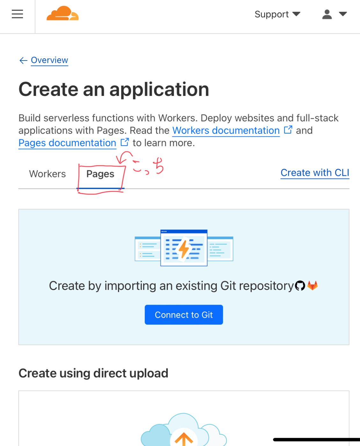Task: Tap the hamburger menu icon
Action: [x=17, y=14]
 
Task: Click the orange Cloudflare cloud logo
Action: [x=62, y=14]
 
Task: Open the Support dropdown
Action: [x=277, y=14]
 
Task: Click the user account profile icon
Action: [x=327, y=14]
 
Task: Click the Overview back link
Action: [x=49, y=60]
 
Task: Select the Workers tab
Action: [x=48, y=174]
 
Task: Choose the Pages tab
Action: [x=100, y=174]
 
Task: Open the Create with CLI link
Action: [x=315, y=173]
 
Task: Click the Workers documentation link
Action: [x=226, y=131]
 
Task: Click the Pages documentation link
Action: [x=67, y=143]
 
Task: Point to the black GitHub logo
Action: [x=300, y=286]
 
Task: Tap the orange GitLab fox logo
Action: [x=312, y=285]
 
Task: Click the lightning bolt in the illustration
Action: [x=184, y=249]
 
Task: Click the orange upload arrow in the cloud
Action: [x=184, y=439]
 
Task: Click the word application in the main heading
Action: [x=159, y=90]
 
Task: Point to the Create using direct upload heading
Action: [x=93, y=373]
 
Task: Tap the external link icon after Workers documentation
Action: [x=288, y=130]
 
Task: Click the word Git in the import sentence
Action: [x=228, y=286]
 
